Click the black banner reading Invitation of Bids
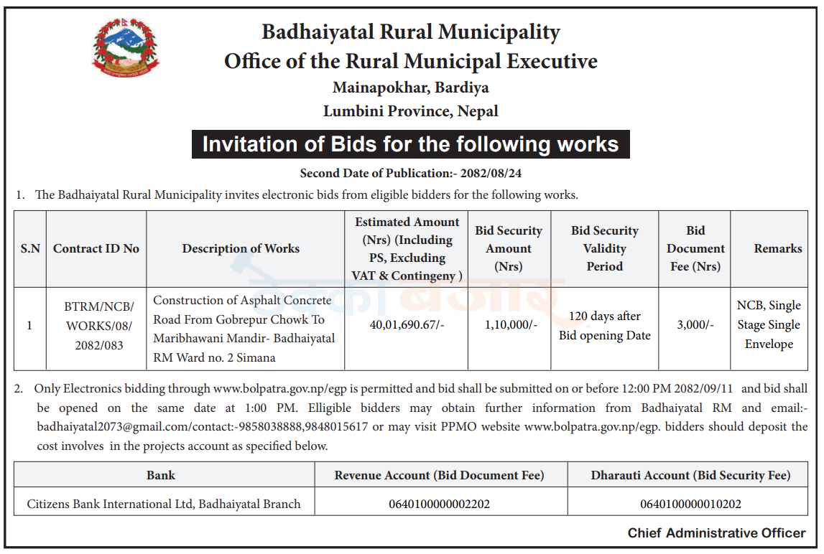(x=410, y=144)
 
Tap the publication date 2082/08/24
(x=493, y=173)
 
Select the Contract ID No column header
(x=96, y=248)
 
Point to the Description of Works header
(x=241, y=248)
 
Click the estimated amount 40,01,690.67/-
(x=407, y=325)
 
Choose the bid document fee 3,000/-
(x=695, y=325)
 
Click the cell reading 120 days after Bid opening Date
(x=604, y=325)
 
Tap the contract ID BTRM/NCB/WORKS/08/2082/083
(x=96, y=325)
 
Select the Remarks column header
(x=777, y=248)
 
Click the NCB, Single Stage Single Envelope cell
(x=768, y=325)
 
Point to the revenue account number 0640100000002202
(x=439, y=504)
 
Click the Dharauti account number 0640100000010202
(x=690, y=504)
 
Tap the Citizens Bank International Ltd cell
(x=164, y=504)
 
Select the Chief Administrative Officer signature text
(x=716, y=533)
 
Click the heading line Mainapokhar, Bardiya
(x=410, y=88)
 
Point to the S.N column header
(x=30, y=248)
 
